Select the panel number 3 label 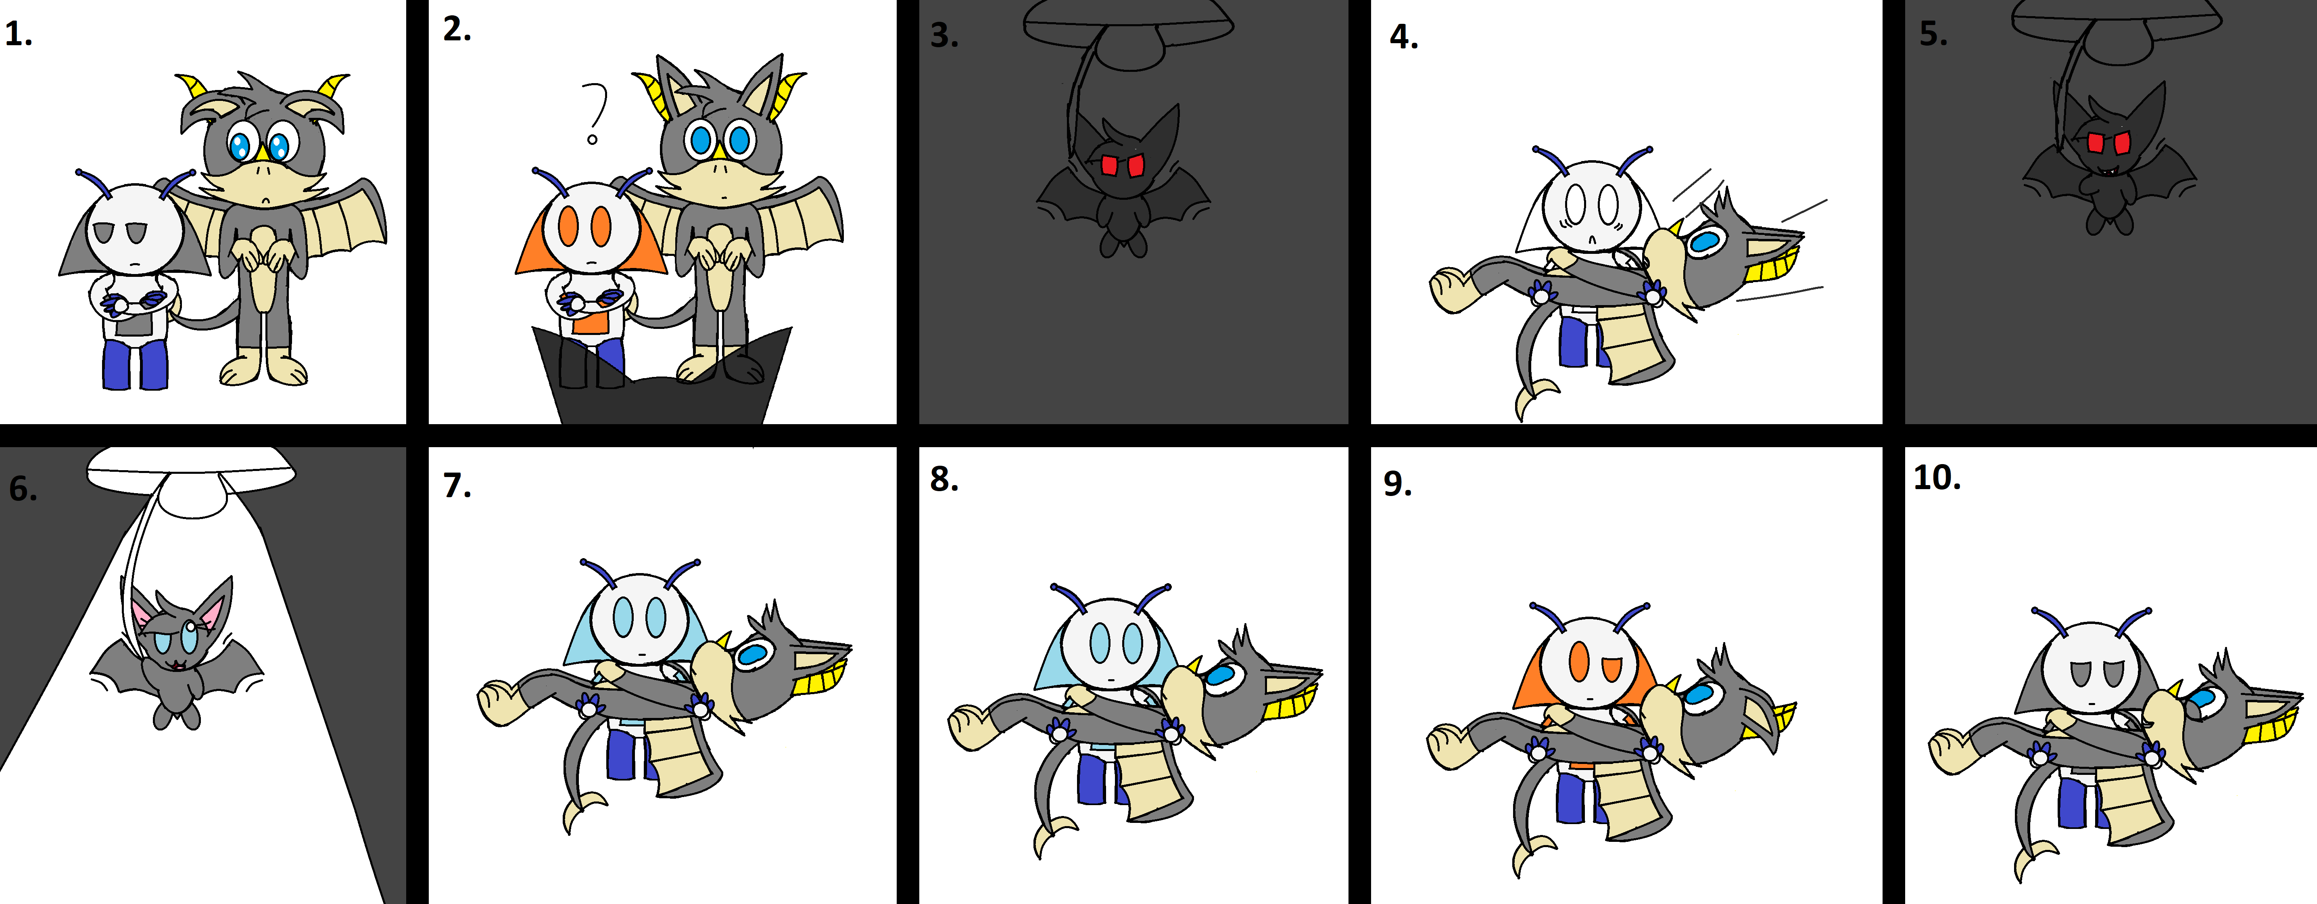(943, 36)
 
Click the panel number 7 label (457, 486)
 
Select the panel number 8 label (943, 479)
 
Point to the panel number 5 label (1933, 34)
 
